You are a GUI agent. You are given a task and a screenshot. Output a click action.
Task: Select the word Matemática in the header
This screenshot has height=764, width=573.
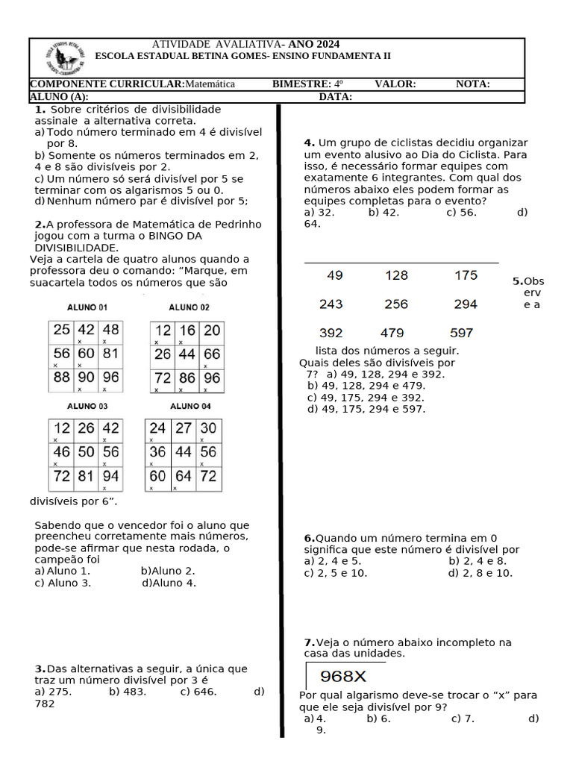pyautogui.click(x=210, y=84)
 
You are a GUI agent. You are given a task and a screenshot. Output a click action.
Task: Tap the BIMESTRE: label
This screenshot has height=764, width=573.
pyautogui.click(x=301, y=84)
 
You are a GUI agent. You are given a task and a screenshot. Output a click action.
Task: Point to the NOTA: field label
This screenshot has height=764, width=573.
pyautogui.click(x=473, y=84)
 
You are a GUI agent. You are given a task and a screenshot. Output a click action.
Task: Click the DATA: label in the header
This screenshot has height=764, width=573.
pyautogui.click(x=336, y=97)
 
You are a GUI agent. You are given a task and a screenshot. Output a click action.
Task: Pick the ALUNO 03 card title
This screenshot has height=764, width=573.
pyautogui.click(x=87, y=407)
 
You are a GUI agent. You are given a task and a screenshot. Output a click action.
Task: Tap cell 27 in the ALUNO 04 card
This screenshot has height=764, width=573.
pyautogui.click(x=183, y=428)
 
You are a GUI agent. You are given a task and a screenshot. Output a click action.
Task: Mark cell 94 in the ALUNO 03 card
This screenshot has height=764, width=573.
pyautogui.click(x=110, y=476)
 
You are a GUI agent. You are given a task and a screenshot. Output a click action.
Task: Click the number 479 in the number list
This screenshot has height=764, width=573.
pyautogui.click(x=392, y=333)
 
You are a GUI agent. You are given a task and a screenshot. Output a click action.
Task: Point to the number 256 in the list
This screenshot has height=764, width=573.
pyautogui.click(x=396, y=304)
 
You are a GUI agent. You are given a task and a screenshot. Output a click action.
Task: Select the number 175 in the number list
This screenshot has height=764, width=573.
pyautogui.click(x=466, y=275)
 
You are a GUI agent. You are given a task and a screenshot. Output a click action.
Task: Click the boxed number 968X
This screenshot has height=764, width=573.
pyautogui.click(x=343, y=677)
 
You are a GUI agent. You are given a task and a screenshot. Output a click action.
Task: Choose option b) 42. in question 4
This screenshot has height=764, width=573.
pyautogui.click(x=383, y=212)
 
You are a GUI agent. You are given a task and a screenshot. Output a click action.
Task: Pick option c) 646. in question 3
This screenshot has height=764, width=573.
pyautogui.click(x=198, y=692)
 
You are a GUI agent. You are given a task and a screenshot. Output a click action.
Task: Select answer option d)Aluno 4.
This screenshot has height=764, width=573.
pyautogui.click(x=169, y=583)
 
